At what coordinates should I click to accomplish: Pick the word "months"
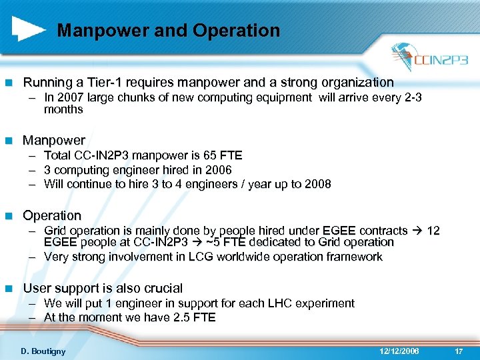(63, 109)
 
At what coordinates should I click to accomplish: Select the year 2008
(317, 184)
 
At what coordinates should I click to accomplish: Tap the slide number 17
(458, 350)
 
